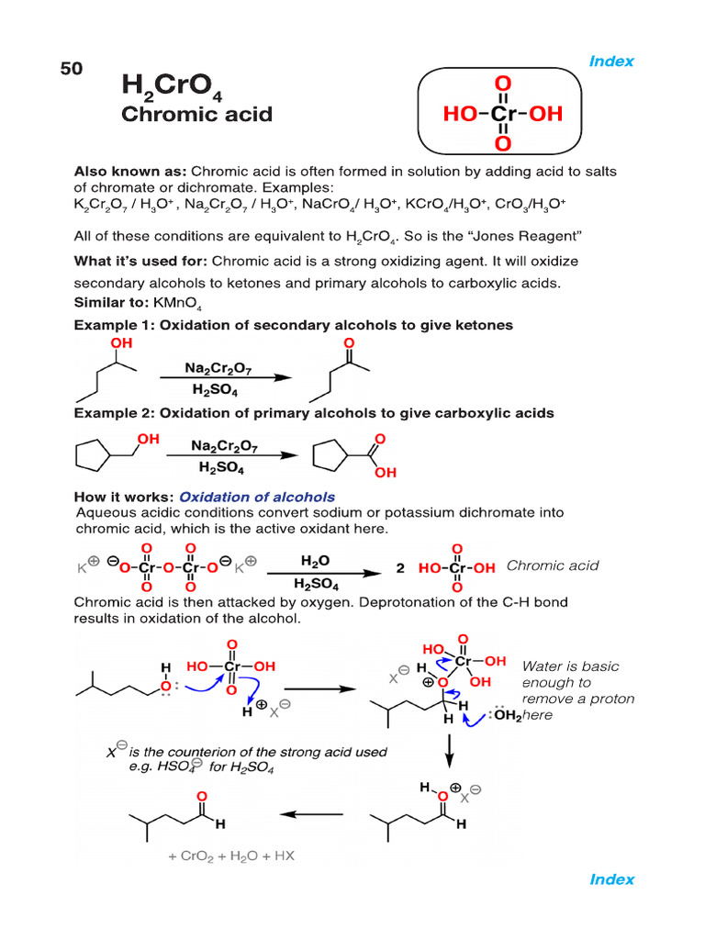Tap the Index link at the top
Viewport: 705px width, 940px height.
[611, 62]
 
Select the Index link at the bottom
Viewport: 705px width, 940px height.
[611, 879]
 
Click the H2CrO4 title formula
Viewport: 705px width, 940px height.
[172, 88]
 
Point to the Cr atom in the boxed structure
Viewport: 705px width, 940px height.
[502, 114]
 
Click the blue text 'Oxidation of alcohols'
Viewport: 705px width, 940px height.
[257, 497]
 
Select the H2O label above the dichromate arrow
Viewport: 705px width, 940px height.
[317, 559]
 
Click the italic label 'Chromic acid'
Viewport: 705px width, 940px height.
[552, 565]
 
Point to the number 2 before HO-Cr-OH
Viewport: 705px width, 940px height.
[400, 568]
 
